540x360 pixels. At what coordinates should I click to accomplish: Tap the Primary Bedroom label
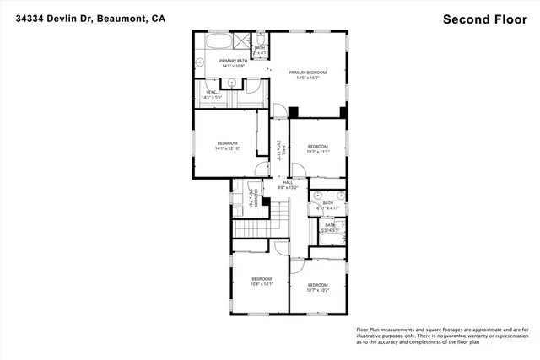pyautogui.click(x=307, y=76)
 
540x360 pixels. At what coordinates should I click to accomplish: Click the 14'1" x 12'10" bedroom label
pyautogui.click(x=228, y=146)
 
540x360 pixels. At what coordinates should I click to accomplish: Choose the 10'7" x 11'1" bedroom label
pyautogui.click(x=317, y=148)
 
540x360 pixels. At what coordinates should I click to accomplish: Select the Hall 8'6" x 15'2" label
pyautogui.click(x=288, y=185)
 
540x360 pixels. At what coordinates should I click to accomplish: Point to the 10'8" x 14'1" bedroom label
pyautogui.click(x=262, y=282)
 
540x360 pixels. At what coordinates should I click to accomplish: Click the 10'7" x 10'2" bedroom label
pyautogui.click(x=317, y=287)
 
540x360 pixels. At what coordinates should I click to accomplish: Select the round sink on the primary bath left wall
pyautogui.click(x=201, y=62)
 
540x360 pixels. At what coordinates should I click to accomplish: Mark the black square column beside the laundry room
pyautogui.click(x=265, y=201)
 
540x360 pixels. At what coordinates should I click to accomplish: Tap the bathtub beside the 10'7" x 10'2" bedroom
pyautogui.click(x=325, y=248)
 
